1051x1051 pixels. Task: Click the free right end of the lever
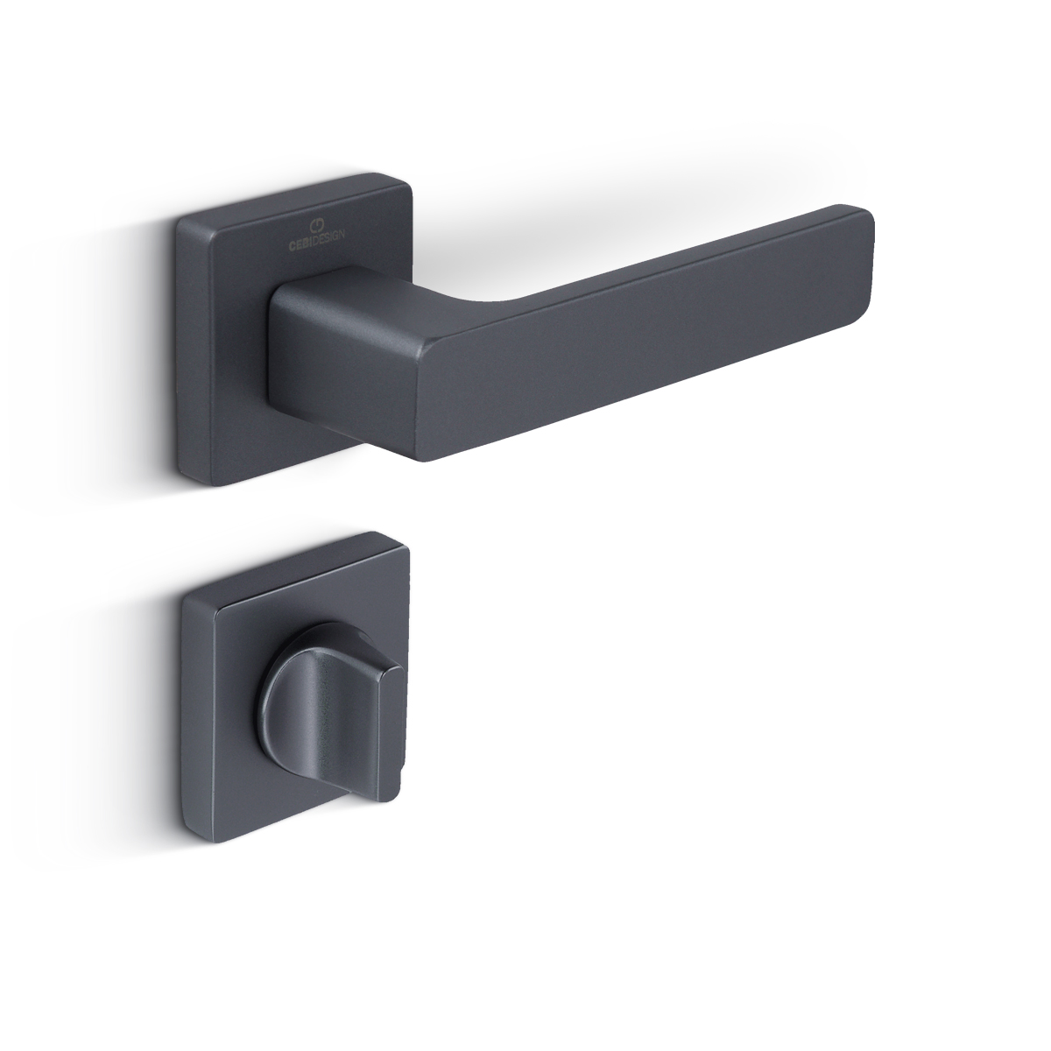[x=867, y=257]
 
